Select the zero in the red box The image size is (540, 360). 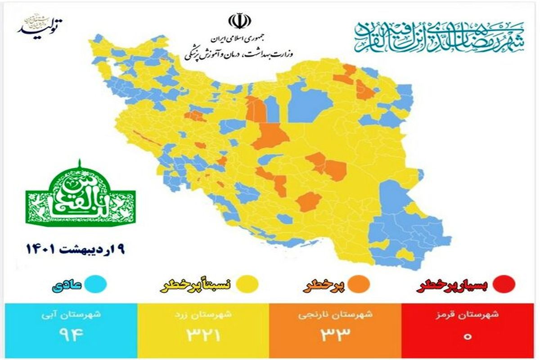point(468,336)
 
